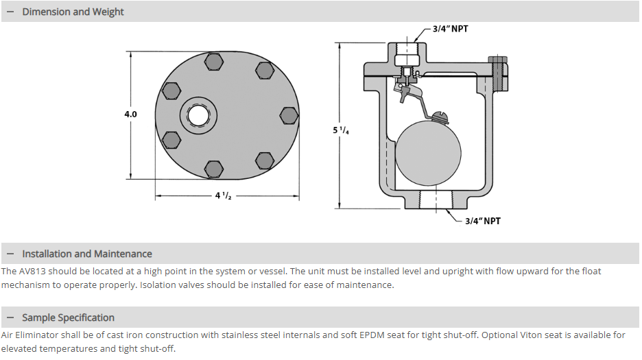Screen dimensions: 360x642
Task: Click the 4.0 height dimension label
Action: [x=130, y=115]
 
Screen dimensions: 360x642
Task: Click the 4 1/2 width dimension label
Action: [x=223, y=195]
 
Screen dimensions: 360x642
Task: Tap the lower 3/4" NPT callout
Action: [x=483, y=221]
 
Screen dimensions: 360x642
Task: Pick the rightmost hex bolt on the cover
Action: [x=289, y=115]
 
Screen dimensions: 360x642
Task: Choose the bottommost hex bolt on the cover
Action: [x=214, y=167]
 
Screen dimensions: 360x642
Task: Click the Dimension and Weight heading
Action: [x=73, y=12]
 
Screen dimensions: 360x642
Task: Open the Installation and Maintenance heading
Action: [x=86, y=254]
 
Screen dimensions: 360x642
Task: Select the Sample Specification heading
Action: [x=68, y=317]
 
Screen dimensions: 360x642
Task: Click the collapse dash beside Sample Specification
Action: [x=10, y=317]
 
